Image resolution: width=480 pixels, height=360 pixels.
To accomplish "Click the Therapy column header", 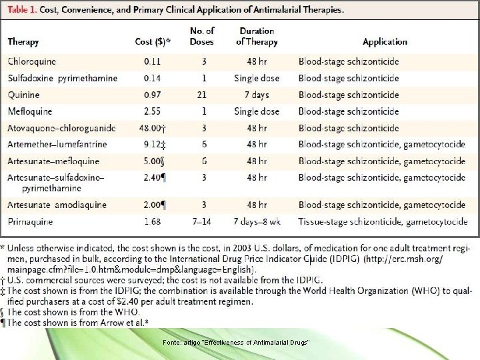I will [x=23, y=42].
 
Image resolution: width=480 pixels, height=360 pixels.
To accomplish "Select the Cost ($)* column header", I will [x=153, y=42].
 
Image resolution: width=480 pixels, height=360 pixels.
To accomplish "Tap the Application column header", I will [x=385, y=42].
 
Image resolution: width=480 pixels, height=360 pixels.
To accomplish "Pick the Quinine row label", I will [x=24, y=95].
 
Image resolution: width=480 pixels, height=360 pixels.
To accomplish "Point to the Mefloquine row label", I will [x=30, y=111].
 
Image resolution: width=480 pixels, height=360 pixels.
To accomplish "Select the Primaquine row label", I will [x=31, y=222].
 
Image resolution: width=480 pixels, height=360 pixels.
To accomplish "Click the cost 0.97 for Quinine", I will [x=156, y=95].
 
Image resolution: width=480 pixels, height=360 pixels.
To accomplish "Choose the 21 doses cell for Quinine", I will [x=201, y=95].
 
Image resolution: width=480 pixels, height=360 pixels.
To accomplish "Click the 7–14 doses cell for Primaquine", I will [x=201, y=222].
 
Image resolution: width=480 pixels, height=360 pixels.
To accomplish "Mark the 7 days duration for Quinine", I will [x=257, y=95].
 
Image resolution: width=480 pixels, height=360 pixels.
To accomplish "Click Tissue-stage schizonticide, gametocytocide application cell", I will [x=382, y=222].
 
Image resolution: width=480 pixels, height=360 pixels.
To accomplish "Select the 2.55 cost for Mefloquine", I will [x=156, y=111].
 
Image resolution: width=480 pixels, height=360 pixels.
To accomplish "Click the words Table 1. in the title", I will [x=26, y=11].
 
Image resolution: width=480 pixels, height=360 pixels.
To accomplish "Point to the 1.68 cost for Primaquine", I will [x=156, y=222].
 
